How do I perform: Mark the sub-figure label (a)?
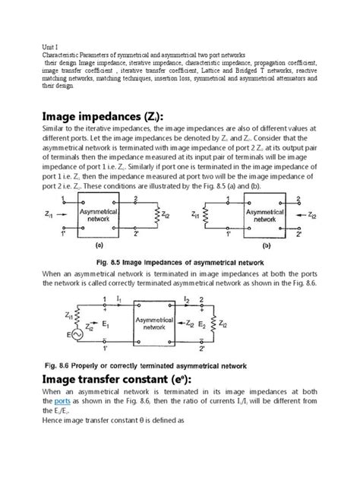(x=99, y=246)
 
